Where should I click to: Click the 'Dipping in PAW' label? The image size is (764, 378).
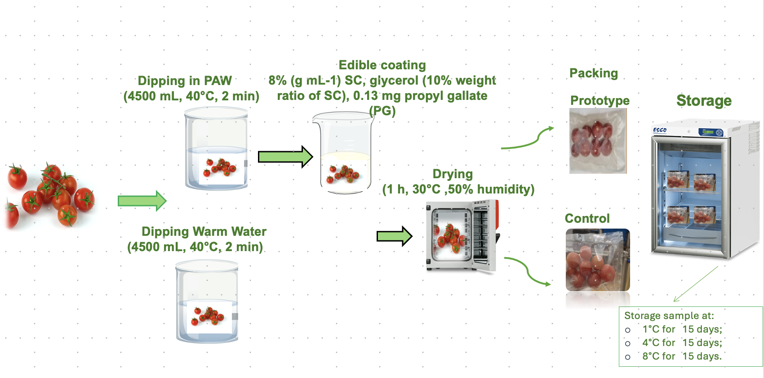click(185, 81)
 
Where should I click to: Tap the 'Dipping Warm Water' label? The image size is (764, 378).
click(204, 231)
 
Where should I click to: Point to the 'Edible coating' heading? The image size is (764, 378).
click(382, 65)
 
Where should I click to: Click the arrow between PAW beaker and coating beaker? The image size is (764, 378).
click(285, 157)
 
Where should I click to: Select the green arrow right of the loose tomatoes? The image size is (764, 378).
click(142, 201)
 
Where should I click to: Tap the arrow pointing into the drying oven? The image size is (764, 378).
click(394, 236)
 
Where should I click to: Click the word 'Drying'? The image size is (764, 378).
click(453, 174)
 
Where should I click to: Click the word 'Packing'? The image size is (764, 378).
click(594, 73)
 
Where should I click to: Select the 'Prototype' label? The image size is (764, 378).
click(600, 100)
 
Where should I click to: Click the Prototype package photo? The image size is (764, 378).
click(598, 141)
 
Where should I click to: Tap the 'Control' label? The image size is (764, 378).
click(587, 218)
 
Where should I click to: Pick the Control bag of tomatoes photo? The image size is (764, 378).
click(598, 260)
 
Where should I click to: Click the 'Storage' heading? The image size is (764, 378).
click(704, 100)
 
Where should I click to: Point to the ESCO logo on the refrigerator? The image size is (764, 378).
click(660, 130)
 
